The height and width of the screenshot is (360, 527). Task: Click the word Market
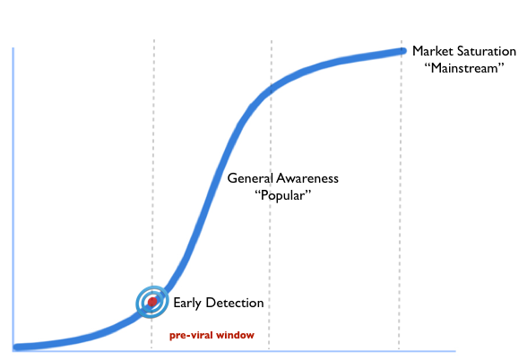coord(432,51)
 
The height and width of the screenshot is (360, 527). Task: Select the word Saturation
coord(487,51)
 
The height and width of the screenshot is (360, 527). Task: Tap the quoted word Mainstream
coord(464,68)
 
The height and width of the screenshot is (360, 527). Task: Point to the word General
coord(250,178)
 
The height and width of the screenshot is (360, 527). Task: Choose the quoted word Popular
coord(282,195)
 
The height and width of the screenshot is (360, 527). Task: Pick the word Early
coord(187,303)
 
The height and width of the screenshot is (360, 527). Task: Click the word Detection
coord(235,303)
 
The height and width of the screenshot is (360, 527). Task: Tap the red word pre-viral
coord(192,335)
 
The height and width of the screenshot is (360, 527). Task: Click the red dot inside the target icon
coord(152,302)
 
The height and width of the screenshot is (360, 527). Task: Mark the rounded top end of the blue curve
coord(402,51)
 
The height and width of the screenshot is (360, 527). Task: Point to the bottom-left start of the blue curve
coord(16,347)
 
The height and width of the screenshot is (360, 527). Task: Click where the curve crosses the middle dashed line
coord(271,89)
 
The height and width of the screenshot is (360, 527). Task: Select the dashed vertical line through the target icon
coord(153,194)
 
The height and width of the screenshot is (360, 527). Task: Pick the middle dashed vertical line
coord(271,194)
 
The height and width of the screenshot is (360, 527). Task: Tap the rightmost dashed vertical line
coord(400,194)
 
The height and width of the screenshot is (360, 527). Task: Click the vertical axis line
coord(13,200)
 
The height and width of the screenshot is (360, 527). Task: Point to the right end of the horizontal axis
coord(455,351)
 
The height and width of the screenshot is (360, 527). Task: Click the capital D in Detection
coord(210,303)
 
